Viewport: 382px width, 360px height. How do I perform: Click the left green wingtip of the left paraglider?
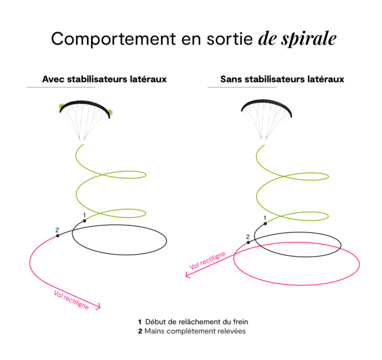[61, 106]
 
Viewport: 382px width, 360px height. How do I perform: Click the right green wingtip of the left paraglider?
[110, 112]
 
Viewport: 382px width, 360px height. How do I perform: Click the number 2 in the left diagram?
[57, 230]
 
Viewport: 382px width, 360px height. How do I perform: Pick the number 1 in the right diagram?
[265, 219]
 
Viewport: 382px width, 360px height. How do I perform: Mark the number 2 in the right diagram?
[248, 236]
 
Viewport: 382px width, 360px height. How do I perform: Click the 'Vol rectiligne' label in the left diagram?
[71, 299]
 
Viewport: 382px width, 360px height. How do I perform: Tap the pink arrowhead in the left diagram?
[100, 306]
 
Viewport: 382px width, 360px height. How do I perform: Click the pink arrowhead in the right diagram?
[187, 275]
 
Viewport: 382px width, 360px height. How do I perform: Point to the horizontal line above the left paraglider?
[61, 87]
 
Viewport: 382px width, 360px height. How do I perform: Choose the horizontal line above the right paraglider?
[242, 87]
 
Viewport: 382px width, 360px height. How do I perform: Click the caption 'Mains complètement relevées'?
[195, 331]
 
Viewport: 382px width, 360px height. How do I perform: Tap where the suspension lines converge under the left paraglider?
[82, 141]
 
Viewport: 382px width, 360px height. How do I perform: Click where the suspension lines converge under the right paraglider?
[263, 141]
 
